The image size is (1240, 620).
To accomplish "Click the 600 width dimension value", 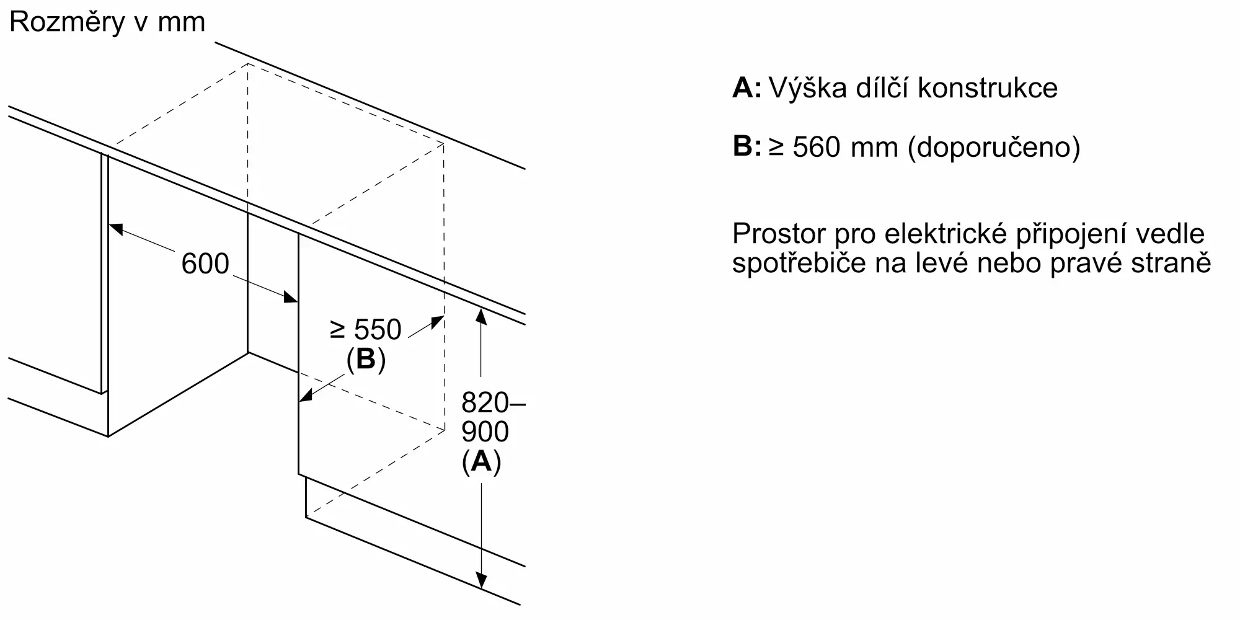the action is [205, 263].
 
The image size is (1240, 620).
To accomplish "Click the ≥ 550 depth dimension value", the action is [366, 329].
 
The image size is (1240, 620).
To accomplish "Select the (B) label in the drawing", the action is [366, 360].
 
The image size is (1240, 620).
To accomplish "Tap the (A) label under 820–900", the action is [482, 461].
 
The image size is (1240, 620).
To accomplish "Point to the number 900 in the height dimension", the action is [485, 432].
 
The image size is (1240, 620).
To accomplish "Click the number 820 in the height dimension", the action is [485, 403].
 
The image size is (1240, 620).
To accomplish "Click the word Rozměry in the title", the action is [67, 22].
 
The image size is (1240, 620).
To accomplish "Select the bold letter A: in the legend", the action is [747, 87].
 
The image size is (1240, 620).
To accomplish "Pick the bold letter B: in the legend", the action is [747, 146].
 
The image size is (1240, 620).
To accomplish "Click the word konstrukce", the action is [988, 87].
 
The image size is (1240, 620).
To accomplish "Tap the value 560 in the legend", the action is [817, 147].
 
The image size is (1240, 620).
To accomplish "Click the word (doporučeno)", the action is [994, 148].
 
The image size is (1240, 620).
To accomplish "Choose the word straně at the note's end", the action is [1169, 263].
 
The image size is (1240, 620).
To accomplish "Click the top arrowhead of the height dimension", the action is [480, 315].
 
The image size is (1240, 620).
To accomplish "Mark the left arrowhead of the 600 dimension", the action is [116, 228].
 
